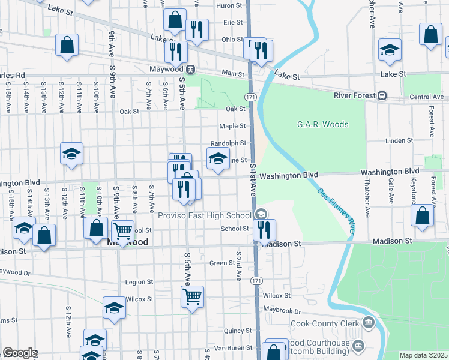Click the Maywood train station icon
[x=190, y=69]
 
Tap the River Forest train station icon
[x=381, y=96]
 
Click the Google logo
[x=20, y=353]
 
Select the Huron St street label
[x=229, y=5]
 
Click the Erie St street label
[x=232, y=22]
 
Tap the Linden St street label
[x=396, y=141]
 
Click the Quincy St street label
[x=237, y=331]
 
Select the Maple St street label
[x=232, y=126]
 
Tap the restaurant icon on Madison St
[x=264, y=229]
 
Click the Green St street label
[x=221, y=263]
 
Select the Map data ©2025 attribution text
[x=423, y=355]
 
